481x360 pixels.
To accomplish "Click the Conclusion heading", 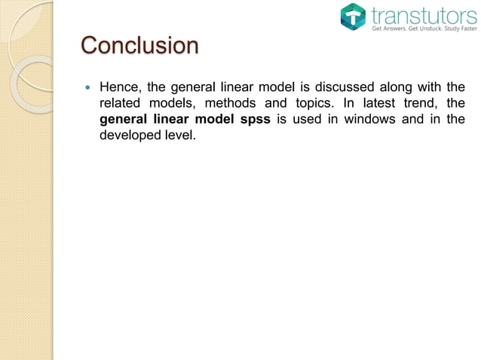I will [139, 47].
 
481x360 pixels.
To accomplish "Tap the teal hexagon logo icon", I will [352, 17].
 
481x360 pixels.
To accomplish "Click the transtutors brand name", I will [424, 14].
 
